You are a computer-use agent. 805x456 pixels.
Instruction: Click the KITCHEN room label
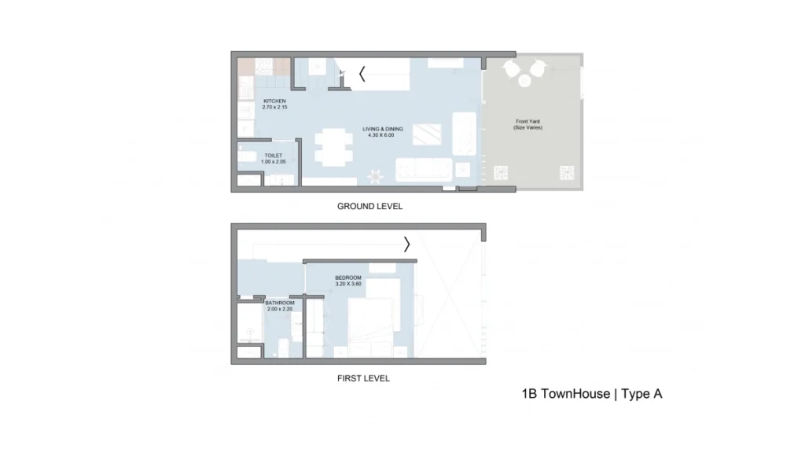pyautogui.click(x=274, y=101)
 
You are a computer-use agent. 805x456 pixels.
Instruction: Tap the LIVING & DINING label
pyautogui.click(x=383, y=129)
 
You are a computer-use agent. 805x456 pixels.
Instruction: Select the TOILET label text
pyautogui.click(x=273, y=156)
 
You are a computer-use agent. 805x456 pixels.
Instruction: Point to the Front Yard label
pyautogui.click(x=527, y=122)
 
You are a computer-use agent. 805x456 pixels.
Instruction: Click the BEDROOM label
pyautogui.click(x=348, y=278)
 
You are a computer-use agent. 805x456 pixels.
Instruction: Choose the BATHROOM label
pyautogui.click(x=280, y=303)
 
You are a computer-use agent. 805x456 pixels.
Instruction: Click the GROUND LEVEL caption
pyautogui.click(x=369, y=207)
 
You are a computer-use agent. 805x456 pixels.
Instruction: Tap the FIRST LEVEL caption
pyautogui.click(x=363, y=378)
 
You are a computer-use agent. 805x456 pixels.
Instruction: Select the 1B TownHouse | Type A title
pyautogui.click(x=592, y=394)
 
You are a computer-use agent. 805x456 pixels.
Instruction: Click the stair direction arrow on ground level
pyautogui.click(x=362, y=74)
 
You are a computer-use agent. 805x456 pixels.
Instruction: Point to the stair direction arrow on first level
pyautogui.click(x=406, y=245)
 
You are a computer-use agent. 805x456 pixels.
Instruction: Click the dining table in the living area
pyautogui.click(x=333, y=147)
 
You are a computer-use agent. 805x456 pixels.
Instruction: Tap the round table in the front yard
pyautogui.click(x=524, y=81)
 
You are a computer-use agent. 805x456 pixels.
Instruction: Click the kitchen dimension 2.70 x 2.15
pyautogui.click(x=274, y=108)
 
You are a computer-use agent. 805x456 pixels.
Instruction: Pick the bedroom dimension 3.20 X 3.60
pyautogui.click(x=348, y=284)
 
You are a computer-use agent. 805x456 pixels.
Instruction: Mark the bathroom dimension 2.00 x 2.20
pyautogui.click(x=280, y=309)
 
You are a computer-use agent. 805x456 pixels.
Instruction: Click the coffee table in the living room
pyautogui.click(x=427, y=134)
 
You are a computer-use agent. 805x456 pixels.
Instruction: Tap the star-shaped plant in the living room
pyautogui.click(x=375, y=176)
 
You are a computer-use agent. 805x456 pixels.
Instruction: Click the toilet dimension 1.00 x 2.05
pyautogui.click(x=273, y=162)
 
